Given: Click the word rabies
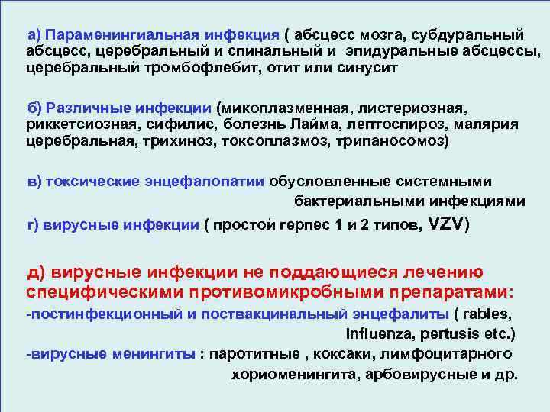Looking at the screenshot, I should [x=487, y=314].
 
